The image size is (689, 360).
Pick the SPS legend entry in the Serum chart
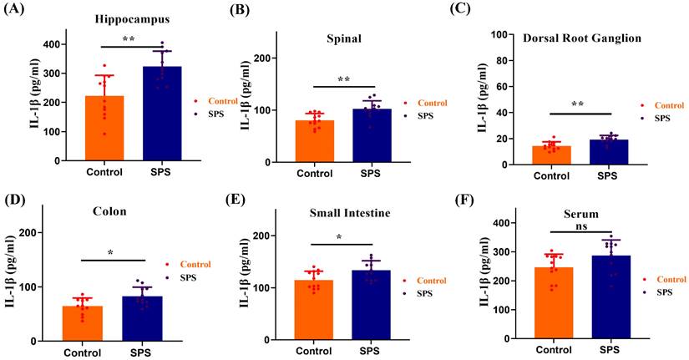click(662, 292)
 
